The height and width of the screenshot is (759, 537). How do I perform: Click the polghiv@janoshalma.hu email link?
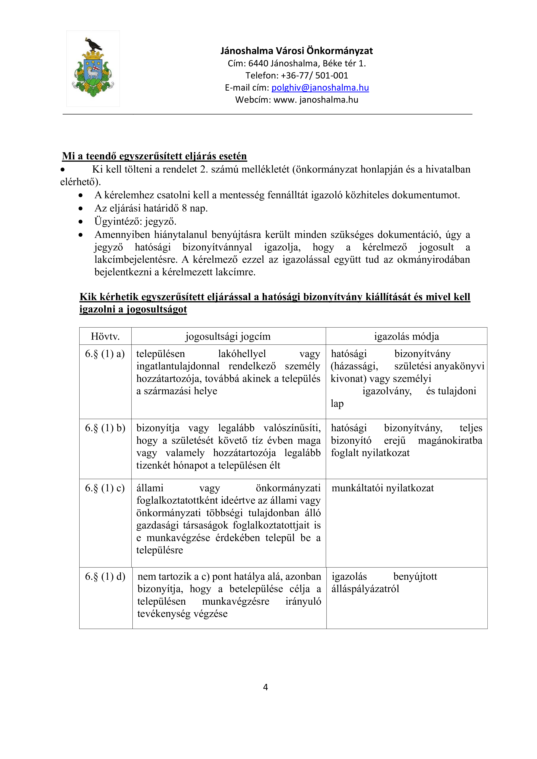(x=320, y=88)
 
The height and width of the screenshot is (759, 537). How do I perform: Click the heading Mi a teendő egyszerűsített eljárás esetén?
(x=154, y=156)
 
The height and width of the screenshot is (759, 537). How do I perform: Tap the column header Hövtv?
(x=105, y=336)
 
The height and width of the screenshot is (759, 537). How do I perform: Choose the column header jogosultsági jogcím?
(x=228, y=336)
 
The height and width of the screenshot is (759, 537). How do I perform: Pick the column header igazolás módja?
(x=406, y=336)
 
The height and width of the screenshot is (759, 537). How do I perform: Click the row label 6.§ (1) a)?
(x=105, y=354)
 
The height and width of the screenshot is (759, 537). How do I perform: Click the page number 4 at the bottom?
(x=265, y=687)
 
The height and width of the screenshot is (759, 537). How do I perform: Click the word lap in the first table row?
(x=337, y=404)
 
